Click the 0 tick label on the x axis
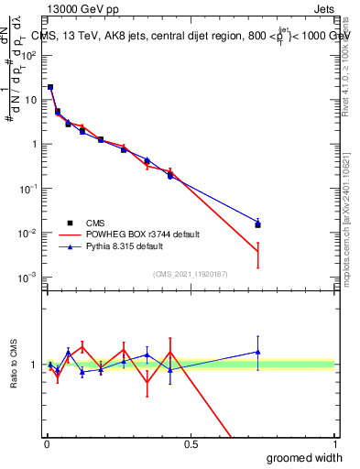(x=47, y=444)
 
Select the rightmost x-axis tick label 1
(x=333, y=444)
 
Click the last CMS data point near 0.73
(x=258, y=224)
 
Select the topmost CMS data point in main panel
(x=50, y=87)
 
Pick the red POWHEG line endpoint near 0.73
(x=258, y=252)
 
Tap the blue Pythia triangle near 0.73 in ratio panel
(x=258, y=352)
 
